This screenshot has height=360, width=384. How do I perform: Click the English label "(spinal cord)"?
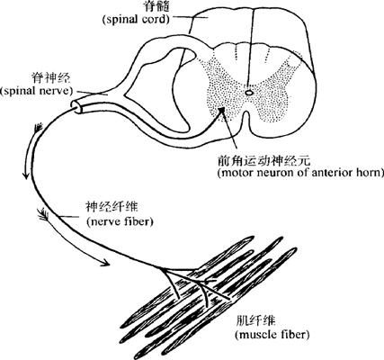point(136,19)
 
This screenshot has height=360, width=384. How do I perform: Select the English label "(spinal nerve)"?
point(37,91)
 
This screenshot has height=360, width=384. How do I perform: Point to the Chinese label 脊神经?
point(51,78)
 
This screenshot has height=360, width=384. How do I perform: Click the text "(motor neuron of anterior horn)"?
point(300,173)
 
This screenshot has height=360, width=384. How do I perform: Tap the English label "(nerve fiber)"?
point(120,221)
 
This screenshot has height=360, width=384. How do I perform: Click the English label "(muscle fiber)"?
point(272,334)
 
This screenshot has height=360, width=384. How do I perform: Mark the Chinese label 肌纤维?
point(255,321)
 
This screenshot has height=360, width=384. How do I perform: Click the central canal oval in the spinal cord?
point(249,93)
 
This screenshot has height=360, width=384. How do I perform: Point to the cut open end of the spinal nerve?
point(77,106)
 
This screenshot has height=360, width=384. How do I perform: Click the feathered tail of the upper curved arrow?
point(39,128)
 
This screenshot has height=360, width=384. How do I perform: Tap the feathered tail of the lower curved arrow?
point(44,213)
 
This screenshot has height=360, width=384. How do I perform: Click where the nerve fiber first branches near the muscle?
point(164,268)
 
